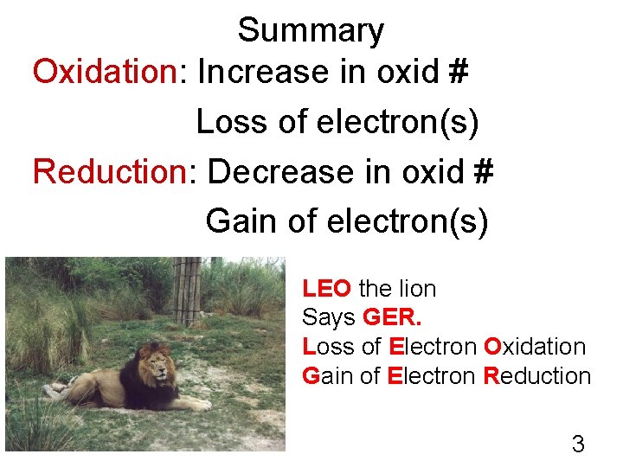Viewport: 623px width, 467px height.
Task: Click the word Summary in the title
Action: pyautogui.click(x=311, y=31)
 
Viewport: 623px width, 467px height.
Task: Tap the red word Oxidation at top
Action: pyautogui.click(x=104, y=73)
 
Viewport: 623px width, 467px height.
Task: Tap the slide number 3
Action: pyautogui.click(x=578, y=445)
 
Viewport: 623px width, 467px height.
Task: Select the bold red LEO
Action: pyautogui.click(x=326, y=288)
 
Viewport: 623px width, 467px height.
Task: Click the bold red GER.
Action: pyautogui.click(x=393, y=317)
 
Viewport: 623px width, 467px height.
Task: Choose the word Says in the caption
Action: pyautogui.click(x=329, y=317)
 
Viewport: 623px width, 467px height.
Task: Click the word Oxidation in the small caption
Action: pyautogui.click(x=535, y=347)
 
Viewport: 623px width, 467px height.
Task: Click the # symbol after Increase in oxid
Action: pyautogui.click(x=459, y=73)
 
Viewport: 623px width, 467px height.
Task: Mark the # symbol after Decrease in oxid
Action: pyautogui.click(x=483, y=172)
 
